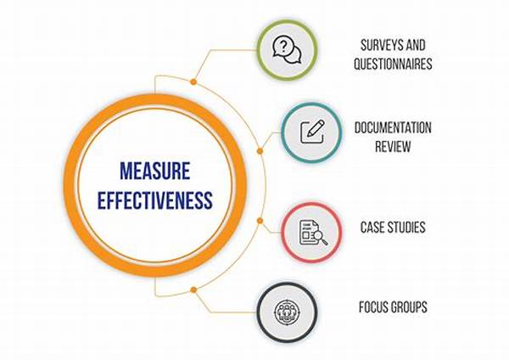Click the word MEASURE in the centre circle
point(155,171)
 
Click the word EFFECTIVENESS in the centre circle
point(155,200)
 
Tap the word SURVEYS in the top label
point(379,45)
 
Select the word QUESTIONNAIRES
point(393,64)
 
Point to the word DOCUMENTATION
point(393,127)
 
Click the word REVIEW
point(393,146)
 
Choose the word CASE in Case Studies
point(373,227)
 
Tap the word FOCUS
point(372,307)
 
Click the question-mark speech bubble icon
point(287,50)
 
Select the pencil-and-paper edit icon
point(312,132)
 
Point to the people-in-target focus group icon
point(287,312)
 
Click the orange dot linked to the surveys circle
point(193,82)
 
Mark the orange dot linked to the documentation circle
point(260,151)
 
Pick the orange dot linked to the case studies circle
point(260,221)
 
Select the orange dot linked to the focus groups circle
point(193,290)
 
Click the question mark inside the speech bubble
point(283,46)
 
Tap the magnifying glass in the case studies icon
point(321,238)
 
